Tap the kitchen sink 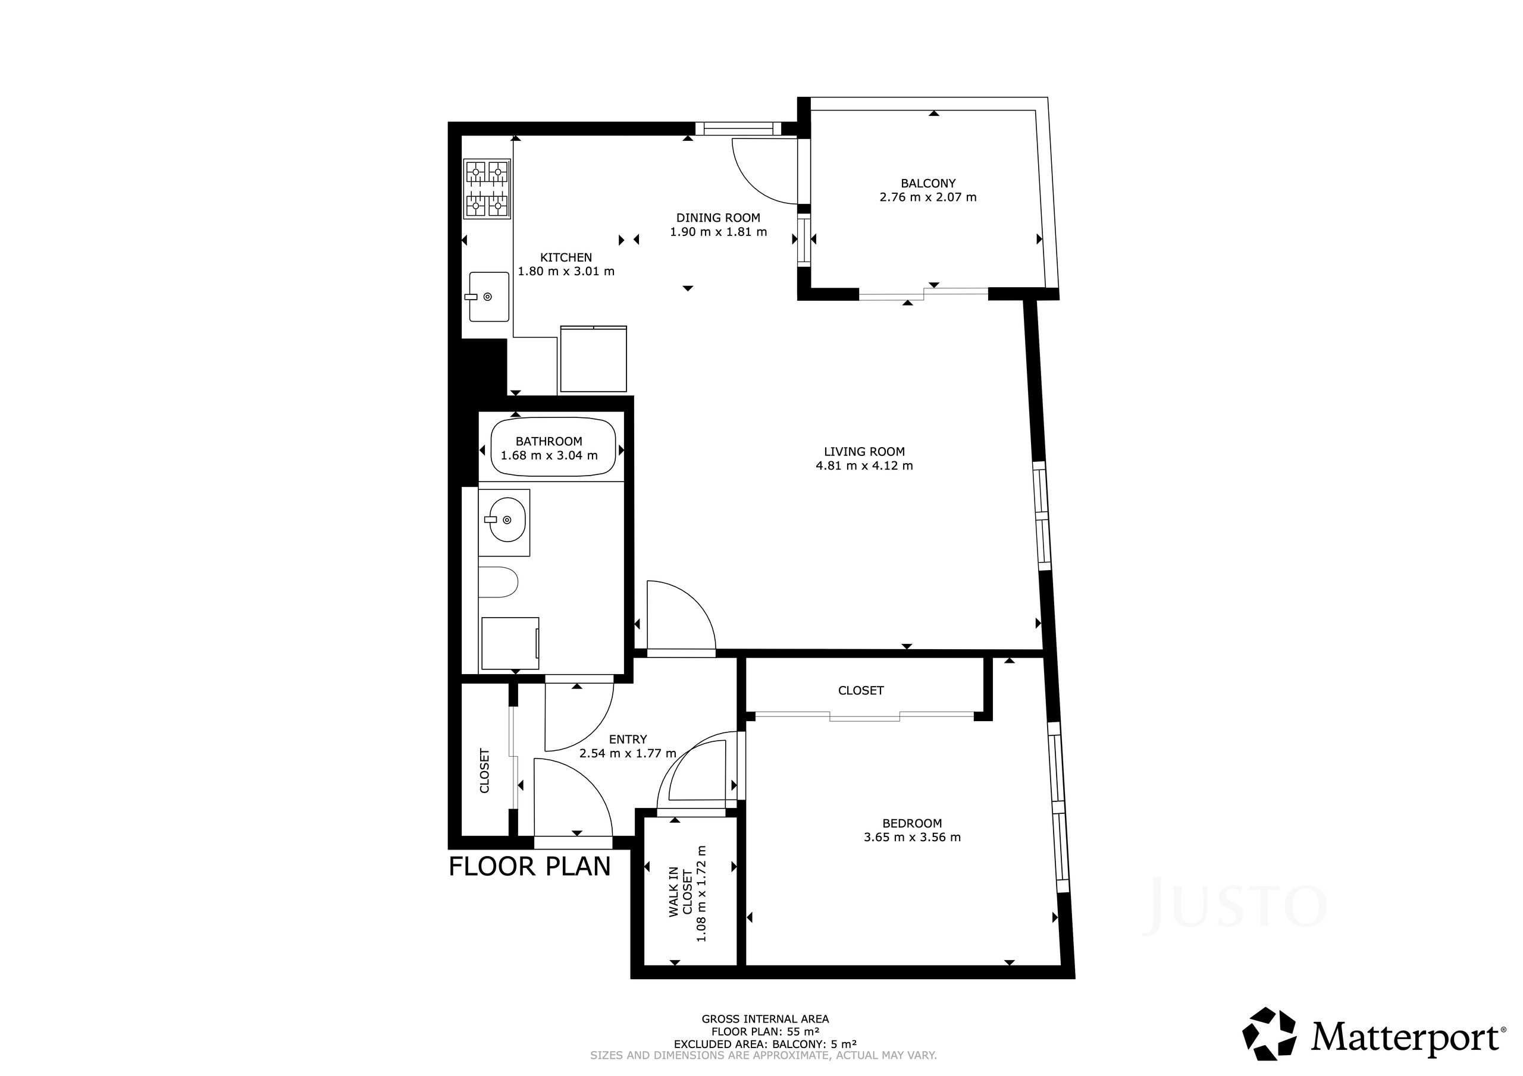[x=489, y=297]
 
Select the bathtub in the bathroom [x=553, y=447]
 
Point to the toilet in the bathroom [x=497, y=582]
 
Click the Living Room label [x=864, y=451]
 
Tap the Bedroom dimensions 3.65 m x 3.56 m [x=912, y=838]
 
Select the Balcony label [x=928, y=183]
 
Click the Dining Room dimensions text [x=719, y=232]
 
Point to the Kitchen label [x=566, y=257]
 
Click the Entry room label [x=628, y=739]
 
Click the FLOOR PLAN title [x=529, y=867]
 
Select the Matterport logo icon [x=1270, y=1034]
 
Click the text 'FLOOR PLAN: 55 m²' [x=765, y=1031]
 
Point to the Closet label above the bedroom [x=860, y=690]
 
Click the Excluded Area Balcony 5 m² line [x=765, y=1044]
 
